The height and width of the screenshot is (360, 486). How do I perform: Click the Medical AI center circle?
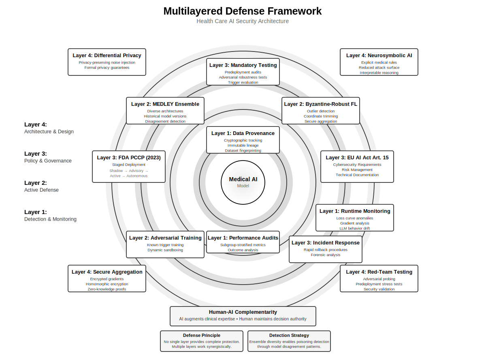point(243,182)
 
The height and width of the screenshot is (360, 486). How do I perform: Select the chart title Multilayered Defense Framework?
point(243,11)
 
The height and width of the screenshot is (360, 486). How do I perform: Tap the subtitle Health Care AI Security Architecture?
point(243,21)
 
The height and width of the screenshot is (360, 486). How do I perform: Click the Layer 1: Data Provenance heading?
point(243,133)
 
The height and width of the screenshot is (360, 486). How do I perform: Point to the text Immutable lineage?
point(243,146)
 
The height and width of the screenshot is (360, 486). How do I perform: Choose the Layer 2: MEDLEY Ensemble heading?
point(165,104)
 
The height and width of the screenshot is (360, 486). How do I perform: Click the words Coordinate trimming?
point(321,116)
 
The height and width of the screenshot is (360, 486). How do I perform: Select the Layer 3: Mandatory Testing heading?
point(243,65)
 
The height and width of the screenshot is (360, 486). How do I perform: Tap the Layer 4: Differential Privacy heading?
point(107,56)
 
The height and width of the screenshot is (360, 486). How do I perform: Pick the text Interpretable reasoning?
point(379,73)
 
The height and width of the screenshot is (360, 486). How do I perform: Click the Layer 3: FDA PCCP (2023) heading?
point(129,158)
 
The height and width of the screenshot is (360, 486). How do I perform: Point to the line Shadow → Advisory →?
point(129,171)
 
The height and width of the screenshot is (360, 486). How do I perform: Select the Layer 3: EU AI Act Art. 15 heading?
point(357,158)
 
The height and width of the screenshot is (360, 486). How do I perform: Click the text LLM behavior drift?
point(355,229)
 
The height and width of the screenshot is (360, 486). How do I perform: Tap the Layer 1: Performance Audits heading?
point(243,238)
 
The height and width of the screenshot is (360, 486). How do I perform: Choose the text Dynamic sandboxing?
point(165,250)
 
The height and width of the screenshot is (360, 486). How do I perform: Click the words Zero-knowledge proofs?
point(107,289)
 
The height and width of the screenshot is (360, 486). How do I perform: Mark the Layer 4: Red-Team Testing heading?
point(379,272)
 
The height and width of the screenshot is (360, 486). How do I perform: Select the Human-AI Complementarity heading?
point(243,312)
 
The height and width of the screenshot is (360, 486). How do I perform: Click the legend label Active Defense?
point(41,190)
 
